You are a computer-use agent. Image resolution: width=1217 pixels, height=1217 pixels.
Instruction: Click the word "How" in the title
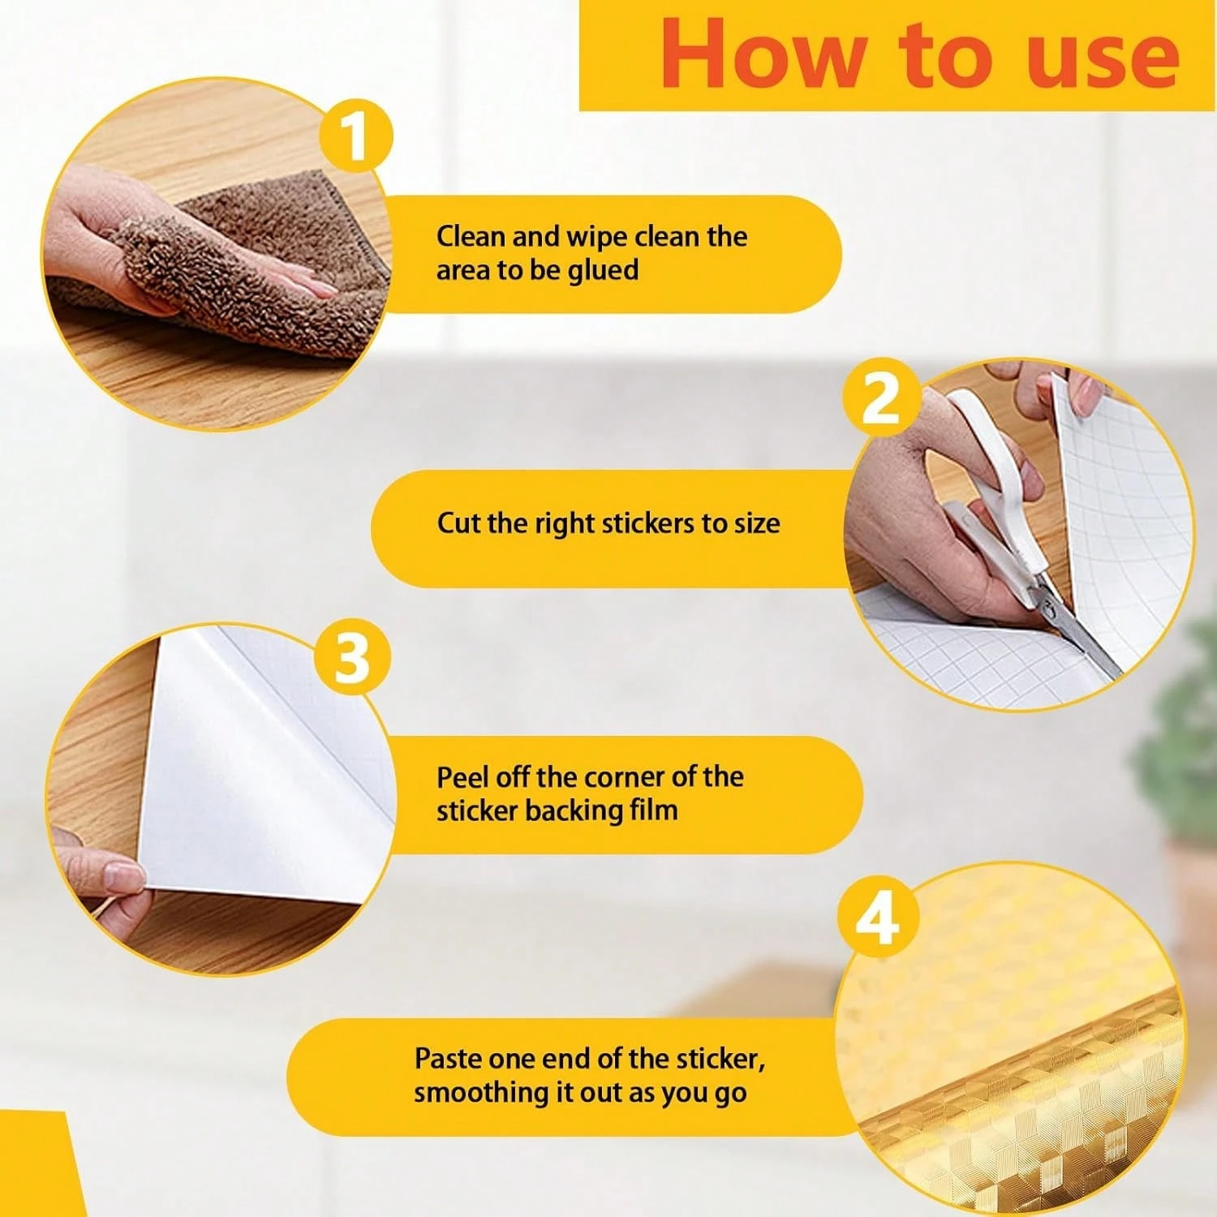click(762, 54)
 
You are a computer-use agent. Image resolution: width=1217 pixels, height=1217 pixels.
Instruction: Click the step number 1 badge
click(355, 135)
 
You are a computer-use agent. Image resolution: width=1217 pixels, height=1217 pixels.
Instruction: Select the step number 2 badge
click(881, 397)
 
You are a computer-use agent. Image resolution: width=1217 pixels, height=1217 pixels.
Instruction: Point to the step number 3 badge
click(351, 657)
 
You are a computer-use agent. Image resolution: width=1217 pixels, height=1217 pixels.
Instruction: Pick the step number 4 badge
click(877, 918)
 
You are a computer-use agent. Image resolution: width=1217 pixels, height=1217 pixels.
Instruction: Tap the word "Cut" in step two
click(458, 523)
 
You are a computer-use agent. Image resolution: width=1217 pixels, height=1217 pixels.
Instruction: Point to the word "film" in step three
click(653, 810)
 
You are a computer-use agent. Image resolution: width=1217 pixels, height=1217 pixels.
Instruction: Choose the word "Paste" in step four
click(449, 1059)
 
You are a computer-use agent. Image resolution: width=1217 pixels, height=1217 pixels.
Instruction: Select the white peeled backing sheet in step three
click(260, 779)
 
